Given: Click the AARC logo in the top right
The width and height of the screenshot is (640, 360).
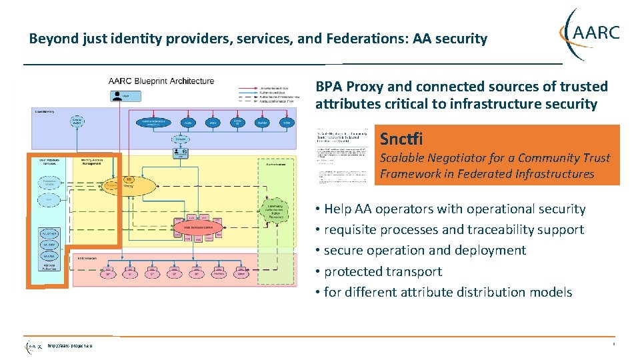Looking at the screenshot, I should [591, 33].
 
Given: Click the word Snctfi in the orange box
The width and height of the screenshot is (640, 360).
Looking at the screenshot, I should [401, 139].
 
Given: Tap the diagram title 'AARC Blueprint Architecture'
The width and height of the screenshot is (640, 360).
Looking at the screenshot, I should [161, 81].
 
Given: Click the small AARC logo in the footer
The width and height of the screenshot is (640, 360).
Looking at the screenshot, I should [33, 347].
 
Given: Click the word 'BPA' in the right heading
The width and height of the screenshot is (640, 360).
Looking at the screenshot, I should [329, 87].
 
